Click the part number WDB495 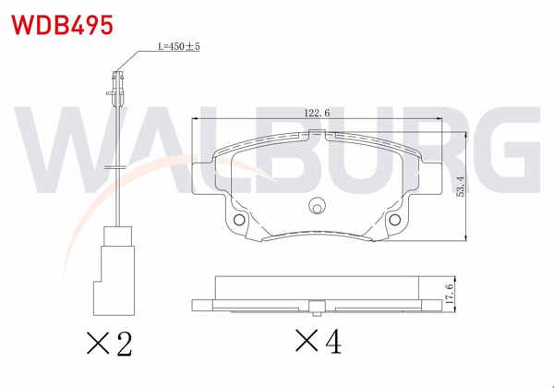62,24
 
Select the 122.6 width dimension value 317,114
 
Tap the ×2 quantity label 109,344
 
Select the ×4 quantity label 319,344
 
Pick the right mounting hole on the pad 395,222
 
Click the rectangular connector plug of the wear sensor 117,269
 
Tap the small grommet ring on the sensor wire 116,165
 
